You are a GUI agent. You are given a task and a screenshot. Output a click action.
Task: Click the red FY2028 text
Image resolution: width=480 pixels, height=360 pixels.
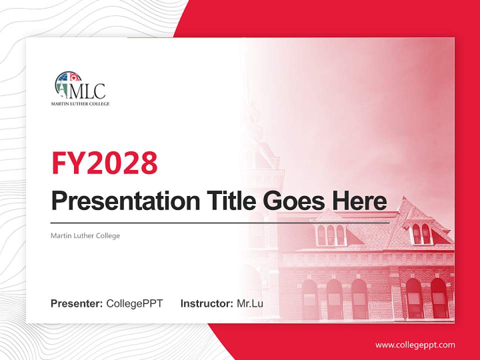[x=104, y=163]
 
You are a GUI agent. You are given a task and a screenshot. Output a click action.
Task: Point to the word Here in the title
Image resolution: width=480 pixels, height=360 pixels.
[x=359, y=201]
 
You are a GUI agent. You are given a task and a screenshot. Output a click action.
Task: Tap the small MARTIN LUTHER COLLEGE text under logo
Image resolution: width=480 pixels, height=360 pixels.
[x=80, y=104]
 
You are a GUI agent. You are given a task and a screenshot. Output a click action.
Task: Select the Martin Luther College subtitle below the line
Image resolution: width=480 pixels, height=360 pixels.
[x=85, y=235]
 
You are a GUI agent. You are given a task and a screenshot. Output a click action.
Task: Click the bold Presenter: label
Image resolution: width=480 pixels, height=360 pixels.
[x=77, y=303]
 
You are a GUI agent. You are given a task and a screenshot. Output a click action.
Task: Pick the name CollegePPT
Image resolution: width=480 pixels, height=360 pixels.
[x=134, y=303]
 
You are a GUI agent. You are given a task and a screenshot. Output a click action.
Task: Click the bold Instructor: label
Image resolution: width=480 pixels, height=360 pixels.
[x=206, y=303]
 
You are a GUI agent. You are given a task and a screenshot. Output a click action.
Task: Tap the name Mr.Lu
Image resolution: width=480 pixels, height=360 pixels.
[x=250, y=303]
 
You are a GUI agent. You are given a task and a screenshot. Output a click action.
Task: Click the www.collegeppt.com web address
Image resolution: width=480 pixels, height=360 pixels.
[x=415, y=345]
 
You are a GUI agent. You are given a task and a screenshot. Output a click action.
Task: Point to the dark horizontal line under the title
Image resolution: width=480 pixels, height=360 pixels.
[x=220, y=222]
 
